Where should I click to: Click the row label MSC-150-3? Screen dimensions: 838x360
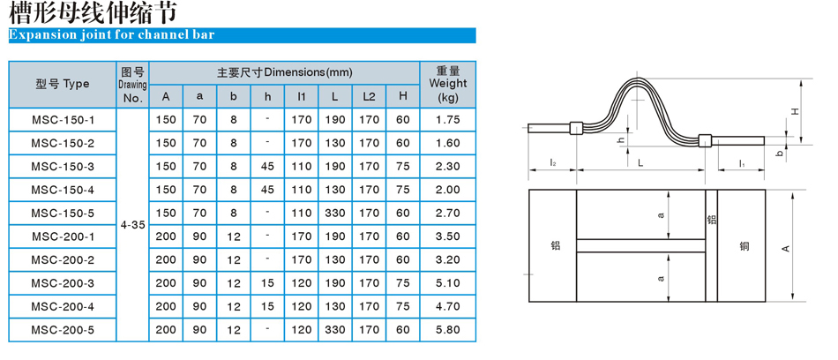(x=63, y=167)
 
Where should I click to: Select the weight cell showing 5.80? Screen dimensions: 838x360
(x=448, y=330)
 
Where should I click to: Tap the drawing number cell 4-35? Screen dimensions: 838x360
(x=132, y=225)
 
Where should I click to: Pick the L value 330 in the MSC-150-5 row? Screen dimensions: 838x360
(x=335, y=213)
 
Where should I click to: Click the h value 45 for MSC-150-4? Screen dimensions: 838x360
(x=268, y=190)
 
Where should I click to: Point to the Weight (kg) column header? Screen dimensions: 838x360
(x=448, y=84)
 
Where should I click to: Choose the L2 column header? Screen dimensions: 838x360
(x=370, y=96)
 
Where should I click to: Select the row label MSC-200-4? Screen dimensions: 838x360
(x=63, y=306)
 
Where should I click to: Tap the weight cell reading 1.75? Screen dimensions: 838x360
(x=448, y=120)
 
